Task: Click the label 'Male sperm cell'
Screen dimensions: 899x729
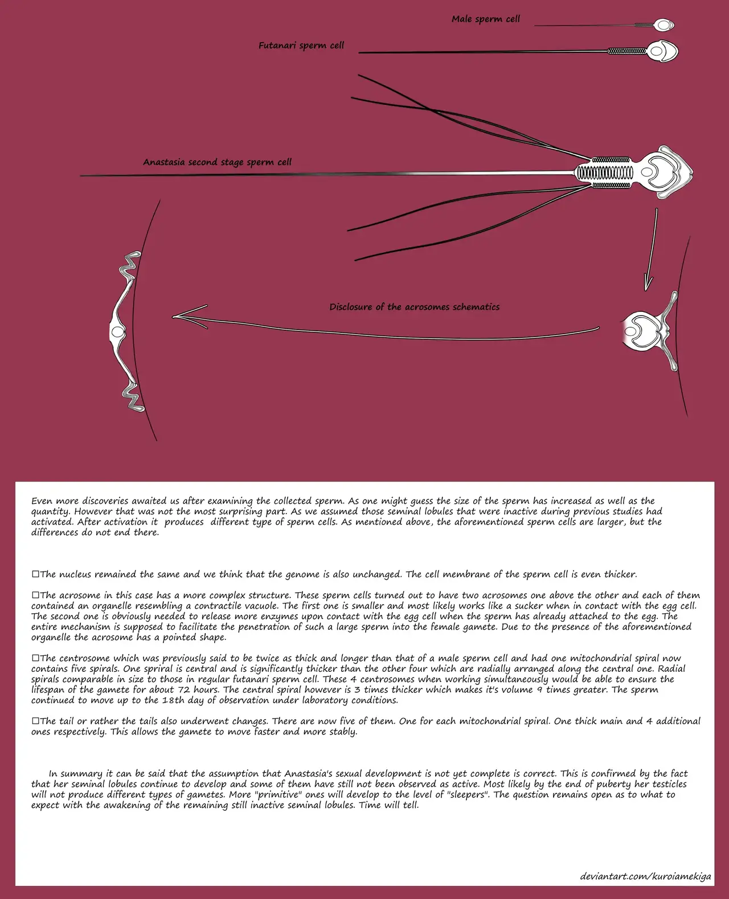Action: pos(485,19)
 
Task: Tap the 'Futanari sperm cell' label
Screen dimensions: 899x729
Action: pos(301,46)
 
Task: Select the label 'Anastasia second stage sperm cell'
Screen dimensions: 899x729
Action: pos(217,162)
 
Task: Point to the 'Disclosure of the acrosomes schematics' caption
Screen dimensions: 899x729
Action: pos(414,307)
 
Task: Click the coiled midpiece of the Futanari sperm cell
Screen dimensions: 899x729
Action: pos(626,51)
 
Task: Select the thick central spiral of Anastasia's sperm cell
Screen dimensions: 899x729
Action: pos(604,173)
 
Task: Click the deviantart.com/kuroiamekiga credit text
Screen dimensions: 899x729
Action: pos(645,876)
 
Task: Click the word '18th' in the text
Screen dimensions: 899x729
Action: pos(173,700)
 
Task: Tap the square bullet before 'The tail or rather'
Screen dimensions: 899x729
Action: pos(35,721)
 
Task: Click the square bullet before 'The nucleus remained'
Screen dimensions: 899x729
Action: pos(35,574)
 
